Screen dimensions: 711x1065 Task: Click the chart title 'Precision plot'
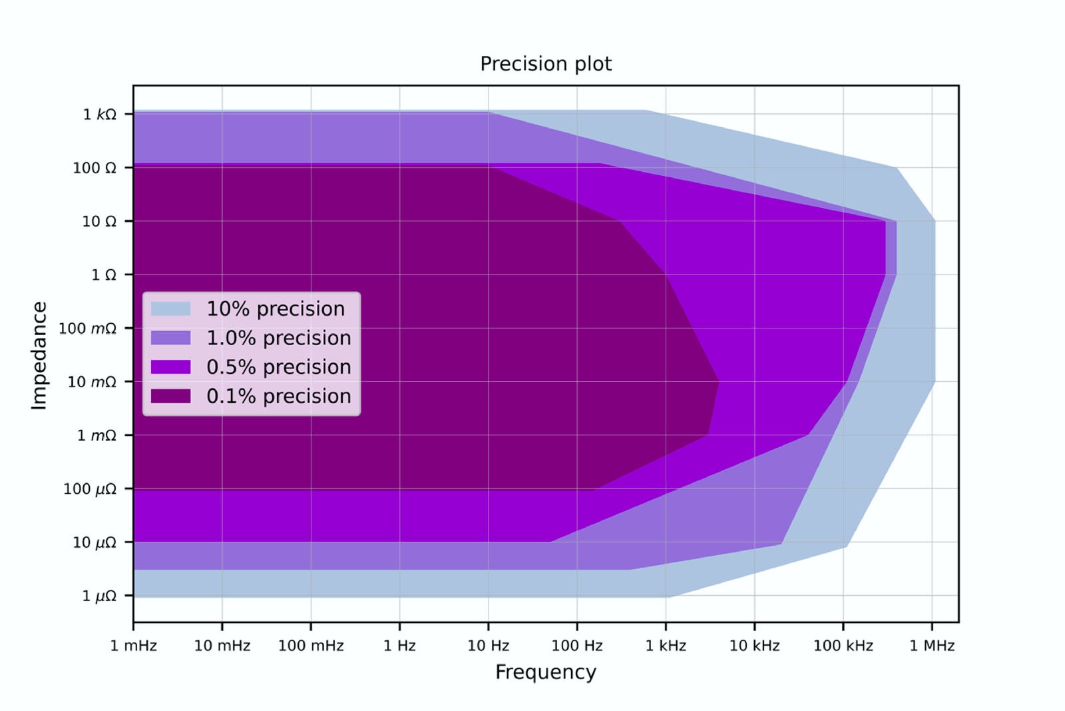click(x=545, y=64)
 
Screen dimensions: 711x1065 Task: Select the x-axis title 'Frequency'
click(x=545, y=672)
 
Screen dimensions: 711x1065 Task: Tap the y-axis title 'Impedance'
click(x=39, y=355)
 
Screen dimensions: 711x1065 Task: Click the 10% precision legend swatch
click(x=170, y=309)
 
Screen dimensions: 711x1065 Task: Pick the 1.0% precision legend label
click(x=278, y=338)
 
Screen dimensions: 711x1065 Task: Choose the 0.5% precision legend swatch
click(x=170, y=367)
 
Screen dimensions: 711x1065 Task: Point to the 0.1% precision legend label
click(x=278, y=396)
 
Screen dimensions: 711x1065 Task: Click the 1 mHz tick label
click(x=133, y=646)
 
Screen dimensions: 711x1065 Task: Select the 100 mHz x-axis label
click(x=311, y=646)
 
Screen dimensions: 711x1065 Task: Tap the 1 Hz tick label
click(x=399, y=646)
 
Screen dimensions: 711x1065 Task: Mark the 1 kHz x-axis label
click(x=666, y=646)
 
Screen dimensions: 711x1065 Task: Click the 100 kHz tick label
click(x=843, y=646)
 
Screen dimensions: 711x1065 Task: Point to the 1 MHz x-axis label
click(x=932, y=646)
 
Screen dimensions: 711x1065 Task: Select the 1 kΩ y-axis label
click(x=99, y=115)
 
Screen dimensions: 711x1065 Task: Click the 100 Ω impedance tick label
click(x=94, y=168)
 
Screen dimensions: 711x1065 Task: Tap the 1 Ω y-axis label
click(x=103, y=275)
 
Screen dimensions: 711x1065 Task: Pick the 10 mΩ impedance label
click(x=91, y=382)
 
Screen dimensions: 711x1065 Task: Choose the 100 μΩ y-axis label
click(x=89, y=489)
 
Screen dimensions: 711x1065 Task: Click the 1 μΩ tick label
click(x=99, y=596)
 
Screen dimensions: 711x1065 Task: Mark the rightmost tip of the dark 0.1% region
click(x=718, y=382)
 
